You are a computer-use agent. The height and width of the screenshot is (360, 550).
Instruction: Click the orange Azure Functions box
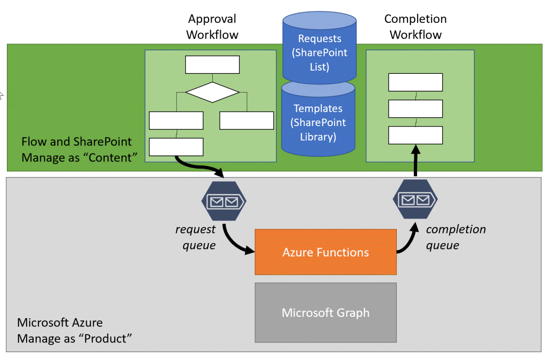pos(325,252)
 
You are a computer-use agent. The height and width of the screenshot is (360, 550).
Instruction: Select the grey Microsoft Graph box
pos(325,312)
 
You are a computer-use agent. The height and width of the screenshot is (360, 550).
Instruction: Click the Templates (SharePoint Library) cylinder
pos(319,122)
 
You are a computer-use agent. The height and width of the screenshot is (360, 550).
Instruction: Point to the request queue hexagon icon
pos(224,201)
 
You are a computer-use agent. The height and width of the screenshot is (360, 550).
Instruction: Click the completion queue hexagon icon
pos(415,199)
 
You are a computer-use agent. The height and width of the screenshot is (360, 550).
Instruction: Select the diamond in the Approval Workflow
pos(212,92)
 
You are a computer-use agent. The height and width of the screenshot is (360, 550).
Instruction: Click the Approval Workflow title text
pos(212,27)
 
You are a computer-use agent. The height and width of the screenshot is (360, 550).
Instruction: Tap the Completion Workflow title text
pos(415,27)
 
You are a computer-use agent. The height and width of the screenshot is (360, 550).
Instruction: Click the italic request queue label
pos(195,237)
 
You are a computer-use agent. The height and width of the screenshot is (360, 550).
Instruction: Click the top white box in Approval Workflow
pos(212,65)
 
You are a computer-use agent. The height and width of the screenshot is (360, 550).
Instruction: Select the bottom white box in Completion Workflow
pos(415,135)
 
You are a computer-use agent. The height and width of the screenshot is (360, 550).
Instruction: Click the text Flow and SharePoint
pos(77,141)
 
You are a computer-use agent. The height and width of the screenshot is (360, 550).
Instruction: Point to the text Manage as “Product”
pos(74,338)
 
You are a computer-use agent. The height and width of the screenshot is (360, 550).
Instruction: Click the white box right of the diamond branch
pos(247,120)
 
